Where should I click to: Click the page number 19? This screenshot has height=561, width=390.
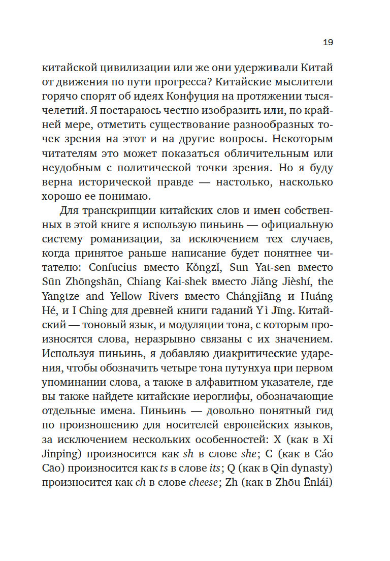[328, 43]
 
